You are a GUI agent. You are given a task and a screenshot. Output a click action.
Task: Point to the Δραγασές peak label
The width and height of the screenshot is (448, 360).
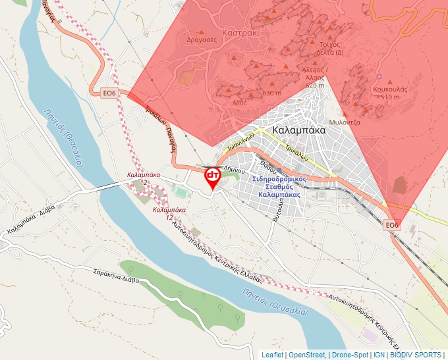point(202,39)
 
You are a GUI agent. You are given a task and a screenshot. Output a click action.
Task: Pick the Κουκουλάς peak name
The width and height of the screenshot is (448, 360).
point(391,88)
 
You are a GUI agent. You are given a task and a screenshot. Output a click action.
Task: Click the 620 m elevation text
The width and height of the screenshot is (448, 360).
point(315,86)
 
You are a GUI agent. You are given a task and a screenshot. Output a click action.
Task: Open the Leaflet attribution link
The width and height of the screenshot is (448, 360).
point(272,355)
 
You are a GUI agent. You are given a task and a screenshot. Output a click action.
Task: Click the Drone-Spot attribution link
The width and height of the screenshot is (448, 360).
point(350,355)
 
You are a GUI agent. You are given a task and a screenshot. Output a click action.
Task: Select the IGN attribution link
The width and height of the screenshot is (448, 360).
point(379,355)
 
